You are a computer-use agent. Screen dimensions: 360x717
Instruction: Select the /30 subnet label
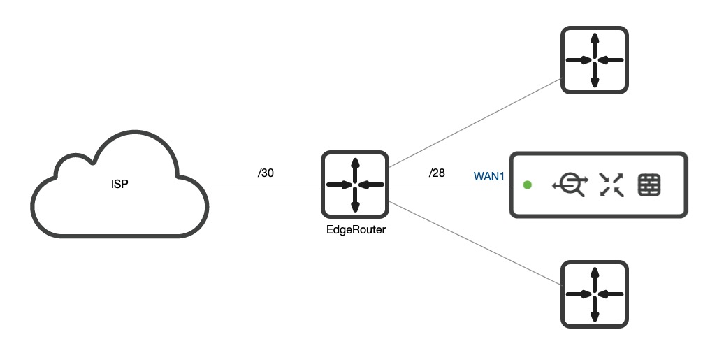(x=266, y=173)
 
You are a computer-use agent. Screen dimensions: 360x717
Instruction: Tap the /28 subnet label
(x=437, y=173)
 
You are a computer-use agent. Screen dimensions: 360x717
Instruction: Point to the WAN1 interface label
(x=489, y=176)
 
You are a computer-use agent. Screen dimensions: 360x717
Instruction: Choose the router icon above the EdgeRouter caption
(x=355, y=185)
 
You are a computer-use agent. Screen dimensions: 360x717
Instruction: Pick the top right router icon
(x=595, y=60)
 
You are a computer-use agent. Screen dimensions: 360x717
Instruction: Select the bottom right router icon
(x=595, y=294)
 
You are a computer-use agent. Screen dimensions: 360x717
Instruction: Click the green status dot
(x=528, y=185)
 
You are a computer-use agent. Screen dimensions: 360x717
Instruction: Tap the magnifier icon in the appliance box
(x=570, y=185)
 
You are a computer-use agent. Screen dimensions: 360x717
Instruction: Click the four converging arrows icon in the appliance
(x=612, y=185)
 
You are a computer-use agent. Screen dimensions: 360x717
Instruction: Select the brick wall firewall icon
(x=650, y=185)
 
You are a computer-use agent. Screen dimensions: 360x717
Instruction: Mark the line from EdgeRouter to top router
(x=475, y=123)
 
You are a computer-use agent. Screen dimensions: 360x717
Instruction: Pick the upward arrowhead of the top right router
(x=595, y=38)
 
